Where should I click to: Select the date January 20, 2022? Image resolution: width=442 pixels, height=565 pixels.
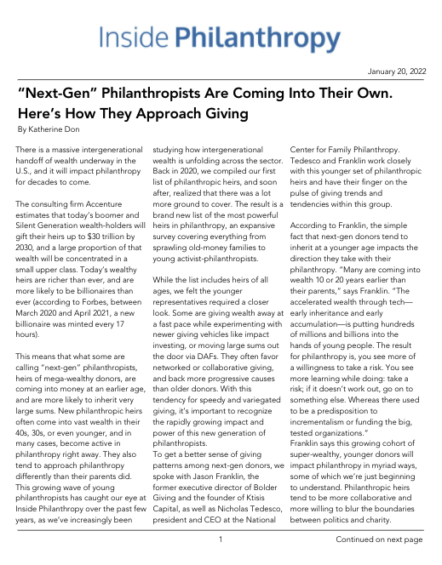(x=394, y=73)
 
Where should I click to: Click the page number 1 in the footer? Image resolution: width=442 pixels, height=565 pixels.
(x=221, y=539)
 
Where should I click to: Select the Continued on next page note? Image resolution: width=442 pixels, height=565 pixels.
(x=379, y=539)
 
